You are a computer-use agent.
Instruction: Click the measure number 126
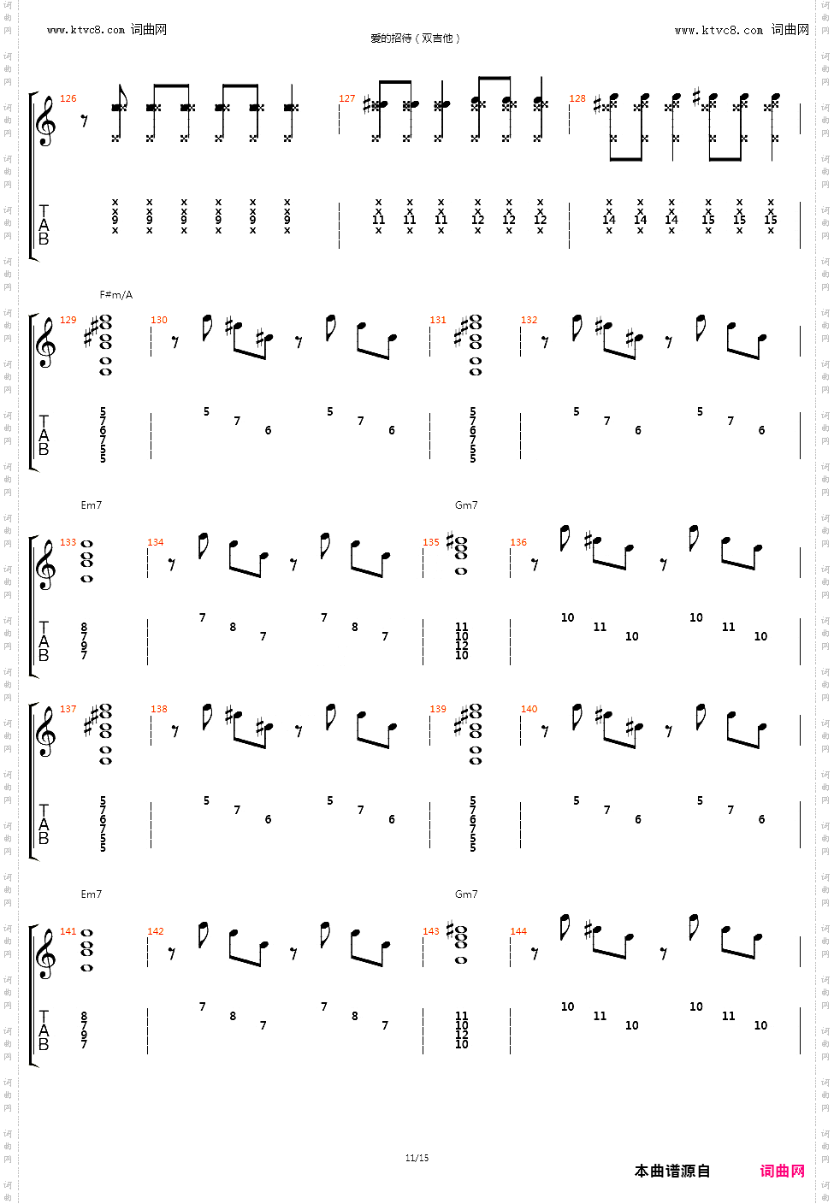(x=68, y=98)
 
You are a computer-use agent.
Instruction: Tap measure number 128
(x=577, y=98)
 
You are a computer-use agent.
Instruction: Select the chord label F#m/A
(x=116, y=295)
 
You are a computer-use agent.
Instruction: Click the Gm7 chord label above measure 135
(x=466, y=505)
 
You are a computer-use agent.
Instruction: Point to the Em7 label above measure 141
(x=91, y=894)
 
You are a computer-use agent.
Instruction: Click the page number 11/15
(x=417, y=1158)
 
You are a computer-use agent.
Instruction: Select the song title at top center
(x=416, y=38)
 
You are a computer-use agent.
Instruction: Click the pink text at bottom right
(x=782, y=1171)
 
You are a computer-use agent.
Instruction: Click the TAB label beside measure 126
(x=44, y=224)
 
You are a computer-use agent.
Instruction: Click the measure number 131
(x=438, y=320)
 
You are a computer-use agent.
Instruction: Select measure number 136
(x=518, y=542)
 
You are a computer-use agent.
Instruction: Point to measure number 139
(x=438, y=709)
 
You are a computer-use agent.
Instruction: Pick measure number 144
(x=518, y=931)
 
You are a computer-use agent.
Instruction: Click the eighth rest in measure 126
(x=84, y=121)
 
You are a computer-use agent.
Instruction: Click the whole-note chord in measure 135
(x=461, y=556)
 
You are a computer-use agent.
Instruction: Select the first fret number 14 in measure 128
(x=609, y=220)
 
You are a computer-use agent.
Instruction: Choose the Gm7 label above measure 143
(x=466, y=894)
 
